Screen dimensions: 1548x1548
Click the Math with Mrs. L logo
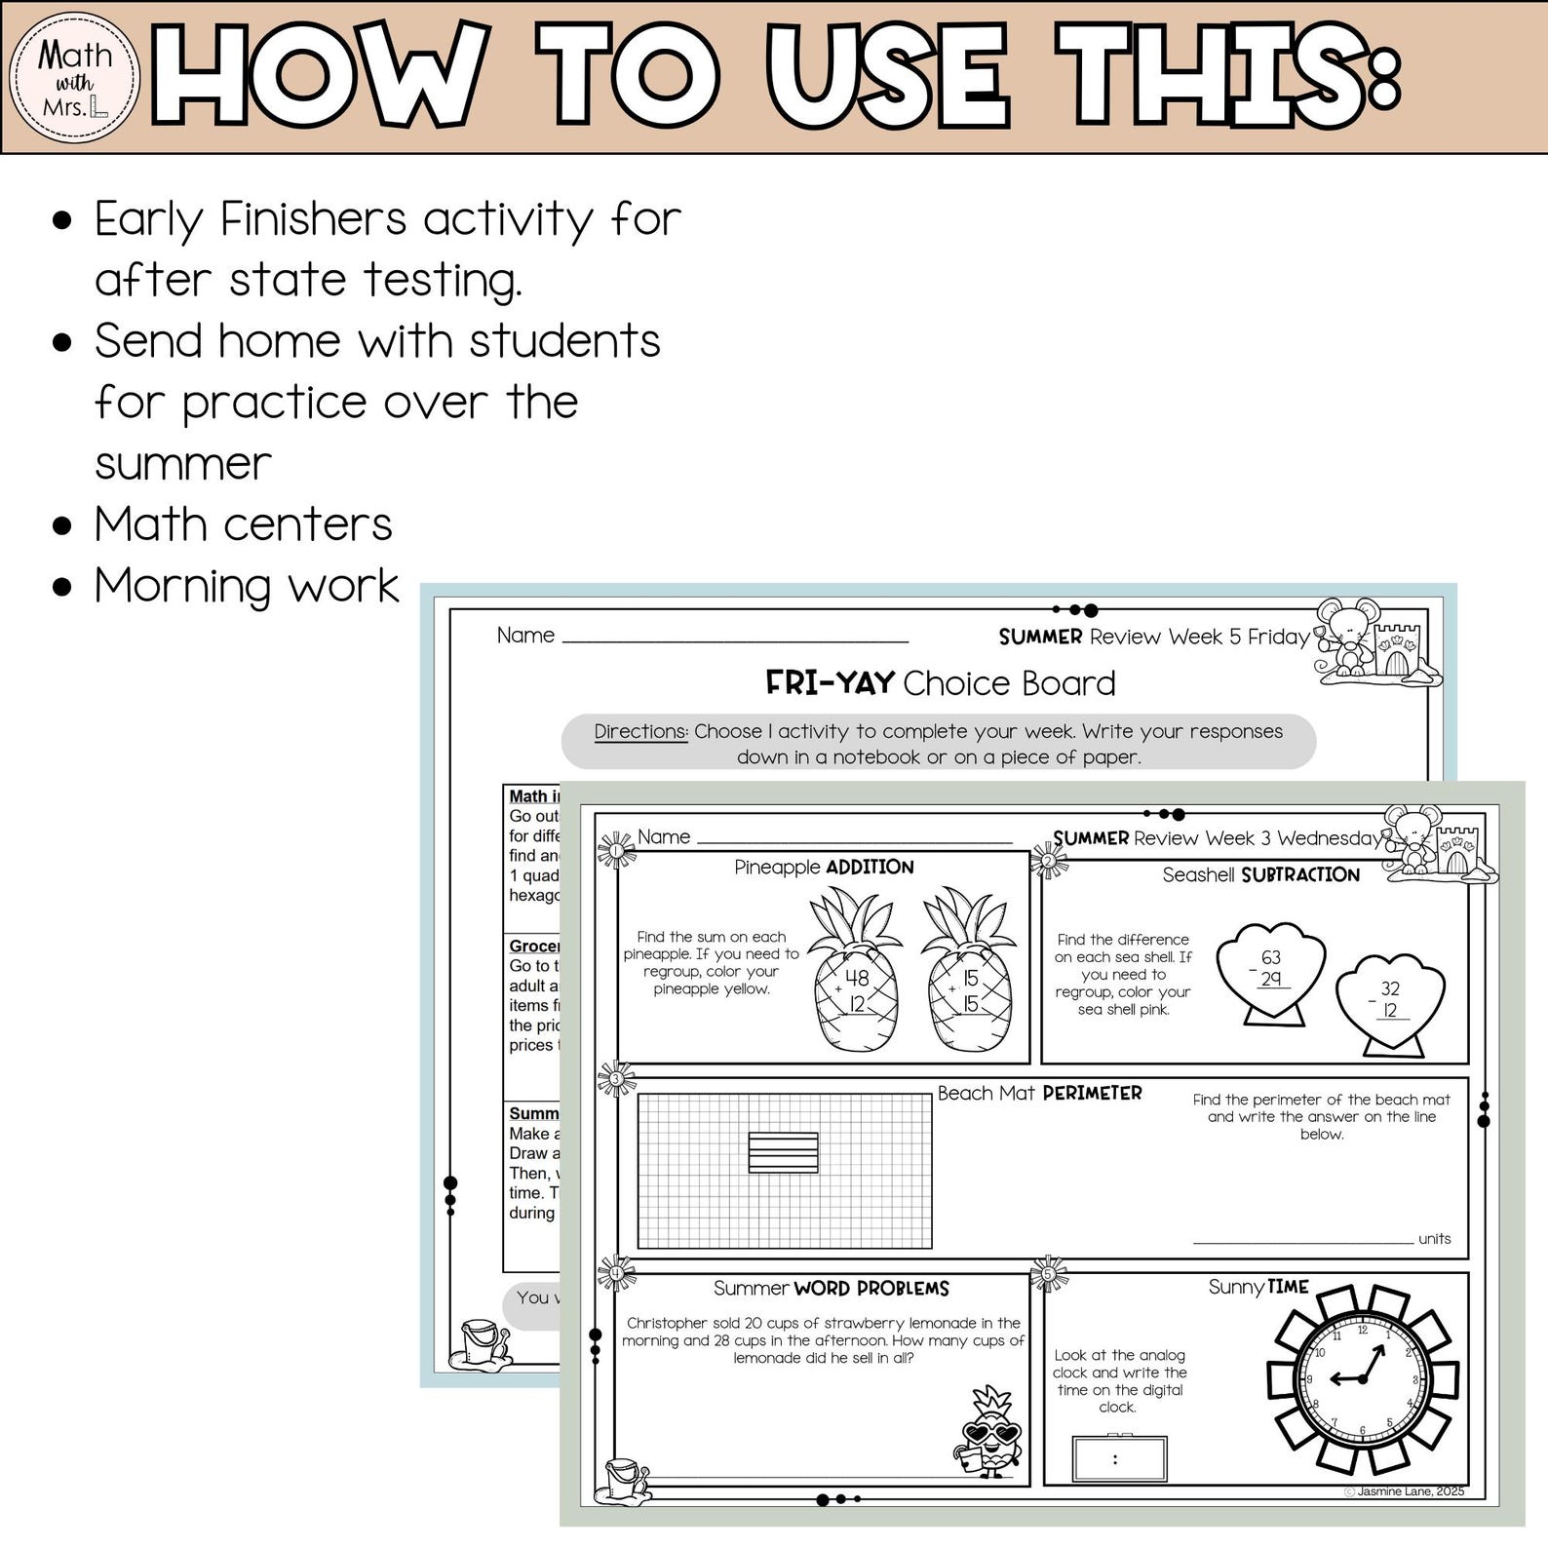(74, 77)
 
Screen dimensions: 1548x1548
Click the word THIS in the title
(1228, 77)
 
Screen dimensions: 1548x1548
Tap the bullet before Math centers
(62, 526)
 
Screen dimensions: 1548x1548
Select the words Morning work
(246, 587)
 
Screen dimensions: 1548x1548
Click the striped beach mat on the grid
(783, 1152)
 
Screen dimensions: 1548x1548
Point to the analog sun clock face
(1363, 1378)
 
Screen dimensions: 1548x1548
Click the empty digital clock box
(1118, 1459)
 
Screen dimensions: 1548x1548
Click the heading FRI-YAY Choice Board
(940, 683)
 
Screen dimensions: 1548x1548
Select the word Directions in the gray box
(640, 731)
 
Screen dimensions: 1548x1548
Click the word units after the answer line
(1434, 1239)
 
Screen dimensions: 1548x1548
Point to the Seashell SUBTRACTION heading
(1260, 874)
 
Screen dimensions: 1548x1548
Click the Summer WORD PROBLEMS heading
(831, 1288)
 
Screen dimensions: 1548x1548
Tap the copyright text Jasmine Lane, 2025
(1403, 1491)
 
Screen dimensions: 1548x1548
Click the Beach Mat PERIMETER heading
(1039, 1093)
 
